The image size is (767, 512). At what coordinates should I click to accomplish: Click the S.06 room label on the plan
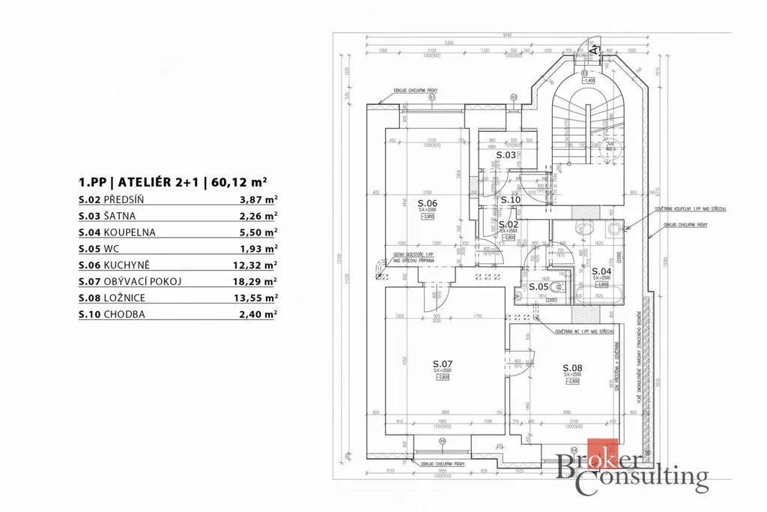click(x=427, y=203)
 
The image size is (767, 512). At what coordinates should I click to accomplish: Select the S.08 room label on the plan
click(x=572, y=368)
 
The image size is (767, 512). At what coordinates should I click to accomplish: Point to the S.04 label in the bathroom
click(x=601, y=271)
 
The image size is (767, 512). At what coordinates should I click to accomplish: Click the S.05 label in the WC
click(x=538, y=286)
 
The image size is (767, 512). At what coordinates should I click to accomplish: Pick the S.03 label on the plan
click(x=506, y=155)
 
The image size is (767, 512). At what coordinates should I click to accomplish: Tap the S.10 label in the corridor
click(x=510, y=200)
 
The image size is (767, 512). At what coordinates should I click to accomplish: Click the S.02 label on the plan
click(x=509, y=224)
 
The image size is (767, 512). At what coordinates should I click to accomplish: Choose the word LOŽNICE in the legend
click(x=125, y=298)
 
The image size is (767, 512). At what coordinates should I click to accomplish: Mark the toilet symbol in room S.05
click(x=556, y=287)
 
